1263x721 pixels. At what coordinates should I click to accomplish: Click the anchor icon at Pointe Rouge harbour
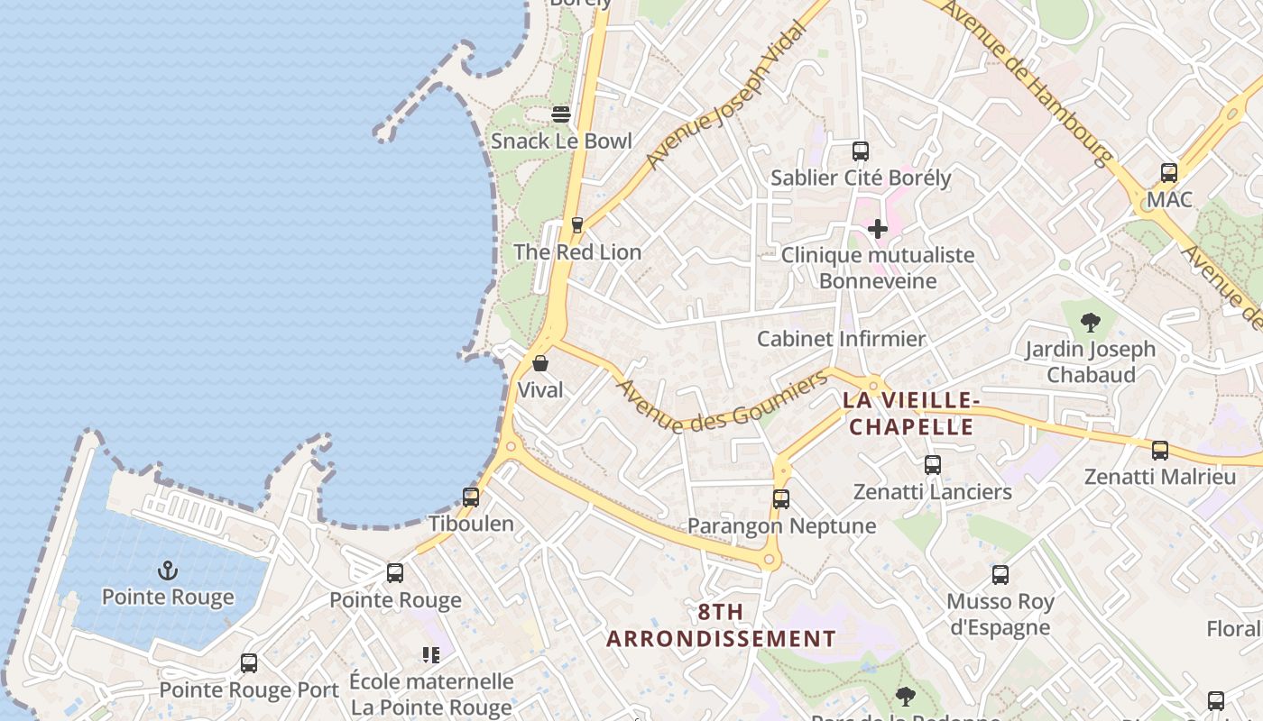pyautogui.click(x=168, y=570)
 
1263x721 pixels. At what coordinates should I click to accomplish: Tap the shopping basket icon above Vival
pyautogui.click(x=540, y=363)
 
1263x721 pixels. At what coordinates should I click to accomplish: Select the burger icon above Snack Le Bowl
pyautogui.click(x=561, y=114)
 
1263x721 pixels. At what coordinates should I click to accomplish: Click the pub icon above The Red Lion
pyautogui.click(x=577, y=224)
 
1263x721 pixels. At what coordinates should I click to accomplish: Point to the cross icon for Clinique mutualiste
pyautogui.click(x=877, y=229)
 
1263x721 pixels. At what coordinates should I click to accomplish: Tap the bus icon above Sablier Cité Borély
pyautogui.click(x=861, y=151)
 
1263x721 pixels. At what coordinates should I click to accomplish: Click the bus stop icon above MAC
pyautogui.click(x=1169, y=172)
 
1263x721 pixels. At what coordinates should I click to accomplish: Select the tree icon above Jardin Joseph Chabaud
pyautogui.click(x=1091, y=322)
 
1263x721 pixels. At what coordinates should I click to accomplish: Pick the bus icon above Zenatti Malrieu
pyautogui.click(x=1160, y=450)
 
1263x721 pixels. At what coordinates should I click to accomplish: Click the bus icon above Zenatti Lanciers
pyautogui.click(x=933, y=465)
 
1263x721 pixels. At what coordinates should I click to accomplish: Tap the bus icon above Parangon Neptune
pyautogui.click(x=781, y=498)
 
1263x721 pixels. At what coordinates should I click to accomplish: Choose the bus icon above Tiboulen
pyautogui.click(x=471, y=497)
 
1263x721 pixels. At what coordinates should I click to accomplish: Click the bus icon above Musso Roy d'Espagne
pyautogui.click(x=1000, y=574)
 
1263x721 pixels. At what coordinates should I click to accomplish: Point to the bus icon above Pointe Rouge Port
pyautogui.click(x=249, y=663)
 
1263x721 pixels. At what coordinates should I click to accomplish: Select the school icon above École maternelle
pyautogui.click(x=431, y=655)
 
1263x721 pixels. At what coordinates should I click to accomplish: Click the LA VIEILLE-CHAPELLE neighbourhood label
pyautogui.click(x=911, y=413)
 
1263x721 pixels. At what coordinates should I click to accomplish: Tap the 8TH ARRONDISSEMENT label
pyautogui.click(x=721, y=625)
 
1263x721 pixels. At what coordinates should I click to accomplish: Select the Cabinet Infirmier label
pyautogui.click(x=841, y=339)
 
